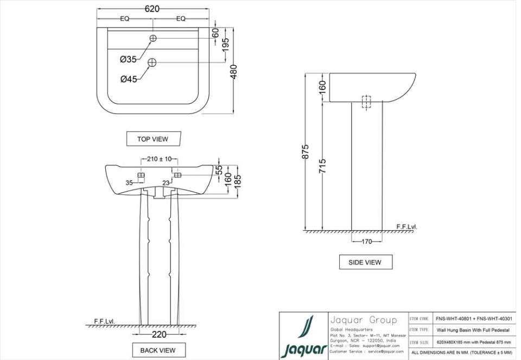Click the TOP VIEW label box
pyautogui.click(x=153, y=139)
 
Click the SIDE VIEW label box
pyautogui.click(x=365, y=262)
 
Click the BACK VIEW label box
pyautogui.click(x=158, y=350)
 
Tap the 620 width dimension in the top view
pyautogui.click(x=153, y=9)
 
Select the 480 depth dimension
pyautogui.click(x=234, y=72)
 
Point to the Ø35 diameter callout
pyautogui.click(x=128, y=59)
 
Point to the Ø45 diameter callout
pyautogui.click(x=129, y=79)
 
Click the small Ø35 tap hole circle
pyautogui.click(x=153, y=39)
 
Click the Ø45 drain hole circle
pyautogui.click(x=153, y=62)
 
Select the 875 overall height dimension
pyautogui.click(x=306, y=151)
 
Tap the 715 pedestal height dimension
pyautogui.click(x=322, y=166)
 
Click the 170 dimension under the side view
pyautogui.click(x=367, y=242)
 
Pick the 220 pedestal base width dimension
pyautogui.click(x=158, y=334)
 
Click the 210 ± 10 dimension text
pyautogui.click(x=159, y=159)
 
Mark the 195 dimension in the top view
pyautogui.click(x=225, y=45)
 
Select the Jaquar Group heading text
pyautogui.click(x=364, y=320)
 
